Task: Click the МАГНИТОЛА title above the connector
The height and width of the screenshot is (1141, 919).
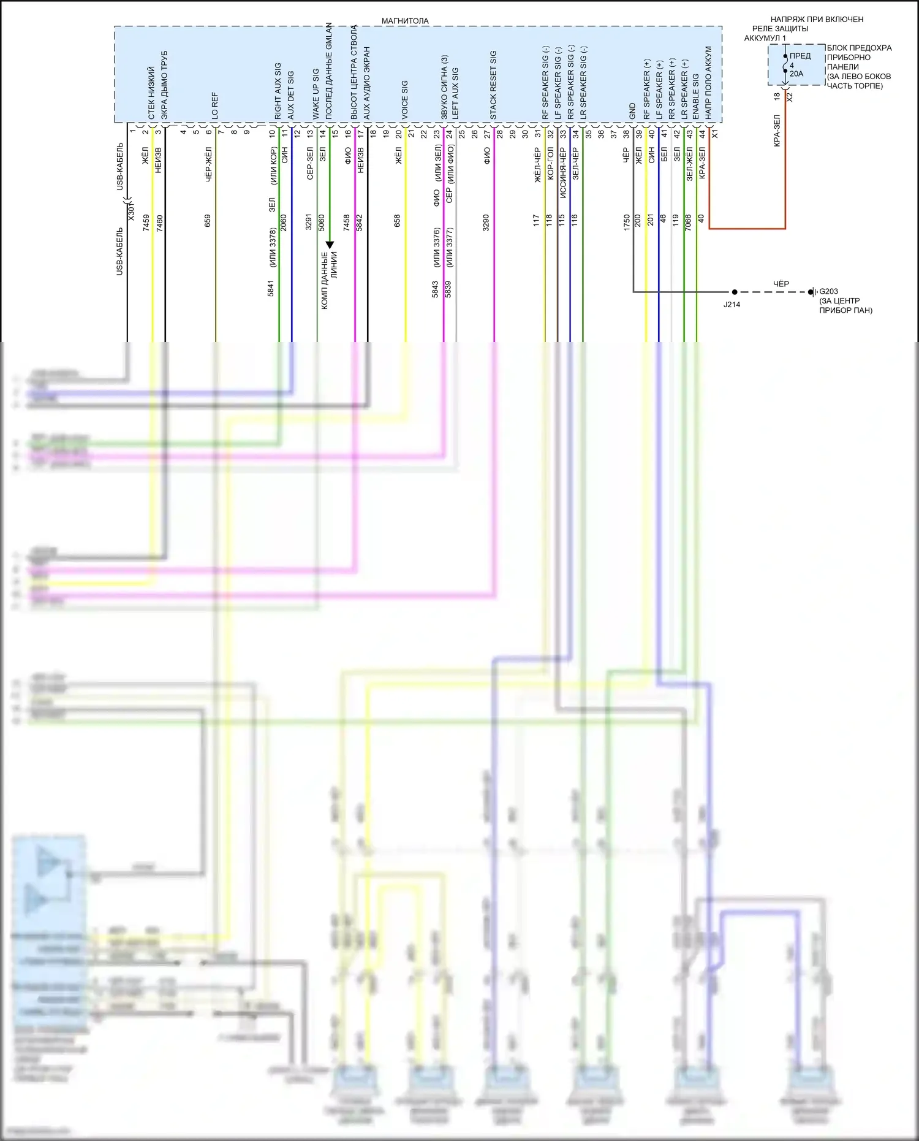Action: point(405,21)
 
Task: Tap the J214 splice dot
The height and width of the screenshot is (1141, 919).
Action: point(735,292)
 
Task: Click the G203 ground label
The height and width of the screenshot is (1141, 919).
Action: point(828,291)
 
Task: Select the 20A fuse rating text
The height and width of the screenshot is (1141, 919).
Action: point(796,74)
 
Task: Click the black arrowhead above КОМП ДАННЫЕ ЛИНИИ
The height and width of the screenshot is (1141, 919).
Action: point(330,245)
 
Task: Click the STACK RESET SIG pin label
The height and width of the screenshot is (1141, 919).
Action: point(493,85)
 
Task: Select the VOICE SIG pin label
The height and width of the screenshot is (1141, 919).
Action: point(405,99)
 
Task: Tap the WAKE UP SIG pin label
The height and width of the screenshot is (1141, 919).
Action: point(316,94)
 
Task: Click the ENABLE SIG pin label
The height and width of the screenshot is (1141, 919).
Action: point(696,97)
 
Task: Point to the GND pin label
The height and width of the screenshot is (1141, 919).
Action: point(632,111)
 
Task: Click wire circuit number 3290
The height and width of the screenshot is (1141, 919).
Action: point(486,222)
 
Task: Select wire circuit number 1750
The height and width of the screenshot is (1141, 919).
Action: point(627,222)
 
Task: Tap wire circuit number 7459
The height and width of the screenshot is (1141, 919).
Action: point(146,223)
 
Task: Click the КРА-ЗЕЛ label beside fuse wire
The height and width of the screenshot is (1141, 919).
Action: point(777,131)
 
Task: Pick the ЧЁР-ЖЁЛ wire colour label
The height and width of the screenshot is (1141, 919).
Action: point(209,164)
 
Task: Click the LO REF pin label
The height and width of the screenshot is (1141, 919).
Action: point(215,105)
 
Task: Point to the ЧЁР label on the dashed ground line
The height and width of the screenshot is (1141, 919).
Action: point(781,284)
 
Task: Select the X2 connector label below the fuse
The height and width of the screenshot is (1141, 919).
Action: point(790,97)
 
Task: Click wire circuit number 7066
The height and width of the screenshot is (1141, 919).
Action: point(688,222)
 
